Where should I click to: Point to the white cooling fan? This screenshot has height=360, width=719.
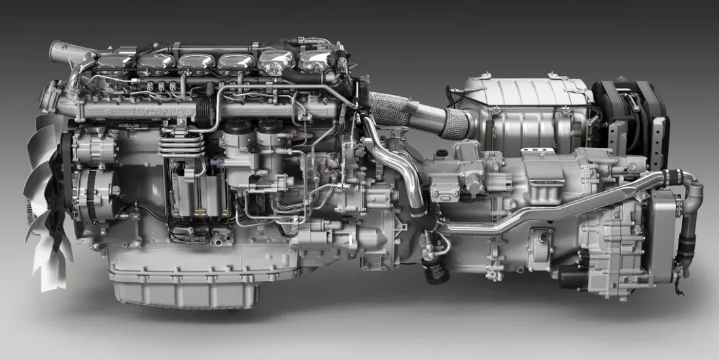[46, 202]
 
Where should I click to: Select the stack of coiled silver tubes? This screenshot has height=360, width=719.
[181, 145]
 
